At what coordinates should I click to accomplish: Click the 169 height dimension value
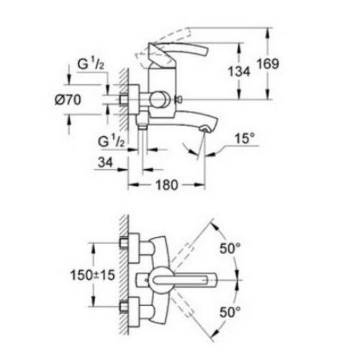click(268, 64)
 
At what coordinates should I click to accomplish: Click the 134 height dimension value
click(239, 71)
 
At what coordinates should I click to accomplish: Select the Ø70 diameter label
click(68, 99)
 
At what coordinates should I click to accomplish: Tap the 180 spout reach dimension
click(167, 185)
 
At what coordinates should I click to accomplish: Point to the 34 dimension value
click(105, 163)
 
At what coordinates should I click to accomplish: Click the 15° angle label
click(244, 138)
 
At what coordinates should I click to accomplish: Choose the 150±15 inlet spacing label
click(93, 275)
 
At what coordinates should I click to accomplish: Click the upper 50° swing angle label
click(230, 248)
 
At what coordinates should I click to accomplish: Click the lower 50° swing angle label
click(230, 312)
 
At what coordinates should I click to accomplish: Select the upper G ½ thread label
click(91, 64)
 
